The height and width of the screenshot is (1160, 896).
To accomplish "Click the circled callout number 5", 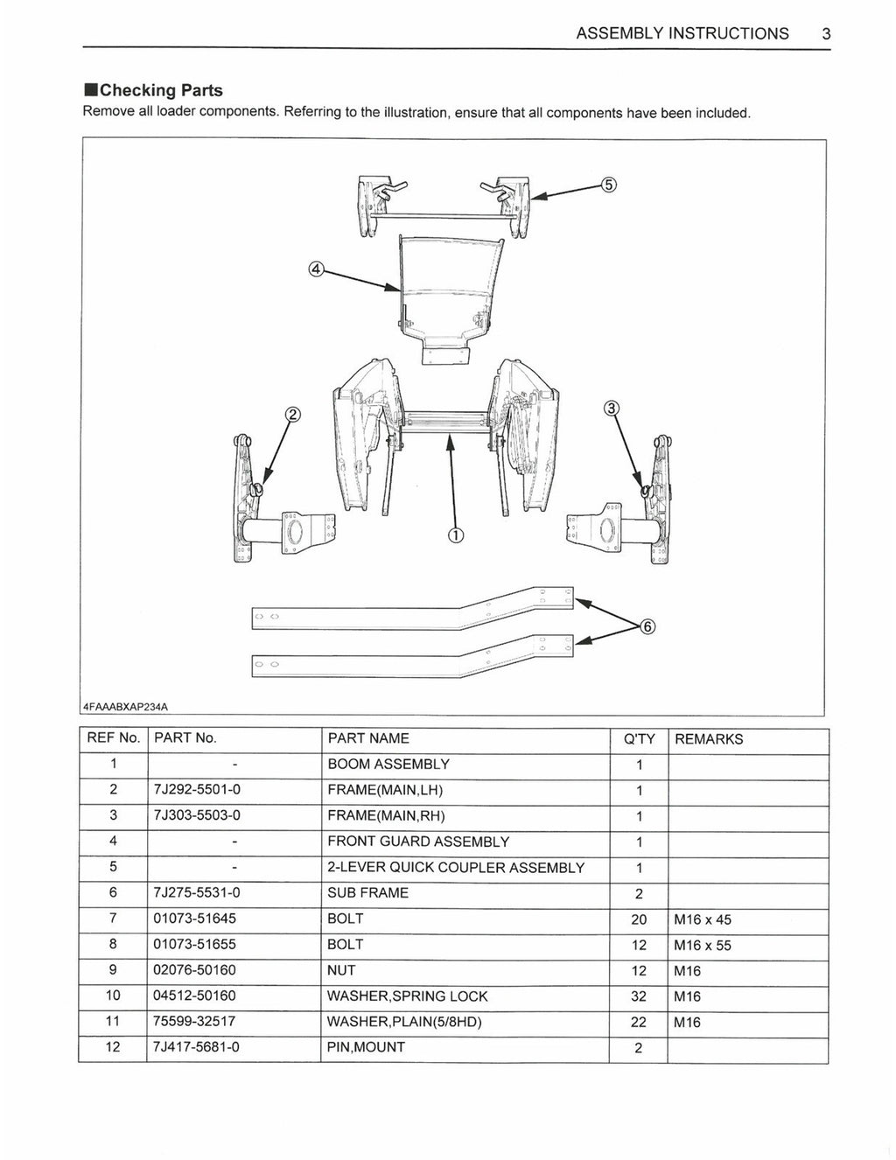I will pos(610,185).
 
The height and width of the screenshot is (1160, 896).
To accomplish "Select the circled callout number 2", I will pos(293,415).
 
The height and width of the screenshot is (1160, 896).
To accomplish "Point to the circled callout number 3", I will pos(612,409).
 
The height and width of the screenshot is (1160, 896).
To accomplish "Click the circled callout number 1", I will pos(455,535).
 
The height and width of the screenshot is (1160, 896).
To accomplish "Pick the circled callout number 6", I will pos(647,626).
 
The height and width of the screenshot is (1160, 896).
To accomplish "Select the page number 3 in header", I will pos(826,34).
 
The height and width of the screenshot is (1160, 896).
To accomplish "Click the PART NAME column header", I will pos(368,738).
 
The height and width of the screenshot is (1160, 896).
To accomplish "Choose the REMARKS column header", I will pos(709,739).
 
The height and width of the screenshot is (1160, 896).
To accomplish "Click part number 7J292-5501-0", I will pos(197,790).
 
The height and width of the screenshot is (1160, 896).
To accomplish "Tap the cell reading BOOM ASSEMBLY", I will pos(388,764).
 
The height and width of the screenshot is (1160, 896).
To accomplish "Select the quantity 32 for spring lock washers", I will pos(639,996).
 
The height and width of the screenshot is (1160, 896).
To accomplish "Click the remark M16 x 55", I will pos(703,946).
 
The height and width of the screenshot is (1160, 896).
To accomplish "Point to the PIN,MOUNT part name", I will pos(366,1047).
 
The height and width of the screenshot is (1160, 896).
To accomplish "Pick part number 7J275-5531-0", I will pos(197,893).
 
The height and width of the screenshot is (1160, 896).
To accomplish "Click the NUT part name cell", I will pos(341,970).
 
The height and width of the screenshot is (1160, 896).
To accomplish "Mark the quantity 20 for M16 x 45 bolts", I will pos(639,919).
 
